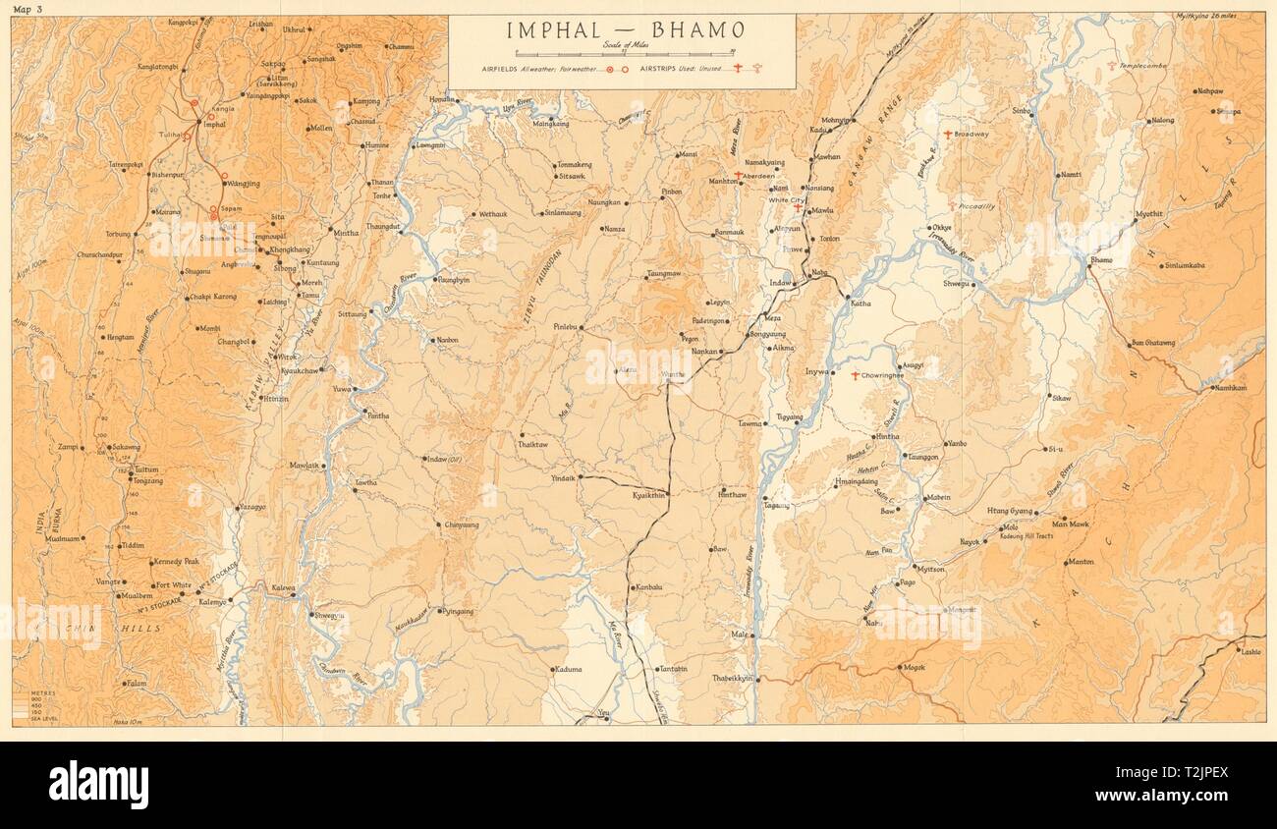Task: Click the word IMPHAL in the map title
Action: point(556,30)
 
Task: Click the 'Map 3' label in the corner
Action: point(29,9)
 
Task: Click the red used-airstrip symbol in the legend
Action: point(733,70)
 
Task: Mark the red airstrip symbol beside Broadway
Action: point(948,134)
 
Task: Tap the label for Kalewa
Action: point(283,587)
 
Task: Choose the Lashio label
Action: point(1250,651)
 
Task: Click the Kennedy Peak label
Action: point(177,562)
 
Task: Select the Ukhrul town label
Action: point(294,30)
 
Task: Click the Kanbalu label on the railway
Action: point(649,587)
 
